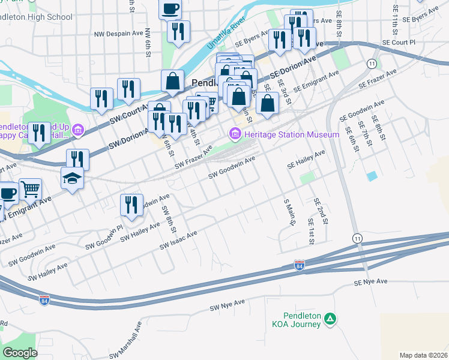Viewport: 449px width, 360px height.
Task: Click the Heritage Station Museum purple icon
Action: [234, 134]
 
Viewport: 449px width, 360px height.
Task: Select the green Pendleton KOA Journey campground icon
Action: [330, 320]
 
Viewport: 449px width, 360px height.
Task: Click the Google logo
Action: [20, 352]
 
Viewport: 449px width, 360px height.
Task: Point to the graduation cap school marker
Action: [73, 178]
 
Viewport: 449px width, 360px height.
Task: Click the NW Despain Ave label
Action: [121, 34]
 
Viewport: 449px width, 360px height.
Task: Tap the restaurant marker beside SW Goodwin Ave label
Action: [131, 205]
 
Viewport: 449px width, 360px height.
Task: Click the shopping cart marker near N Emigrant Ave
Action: [30, 190]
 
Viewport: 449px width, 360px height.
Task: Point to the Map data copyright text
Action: [423, 355]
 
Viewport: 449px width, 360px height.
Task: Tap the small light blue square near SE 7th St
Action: [372, 176]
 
